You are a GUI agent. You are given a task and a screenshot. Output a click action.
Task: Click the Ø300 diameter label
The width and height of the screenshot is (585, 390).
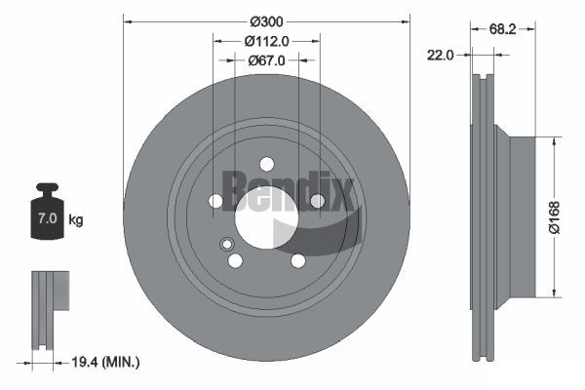[266, 22]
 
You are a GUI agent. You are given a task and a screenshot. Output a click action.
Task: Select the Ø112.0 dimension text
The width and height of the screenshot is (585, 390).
[266, 41]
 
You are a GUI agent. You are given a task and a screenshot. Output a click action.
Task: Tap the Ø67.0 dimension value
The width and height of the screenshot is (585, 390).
[266, 60]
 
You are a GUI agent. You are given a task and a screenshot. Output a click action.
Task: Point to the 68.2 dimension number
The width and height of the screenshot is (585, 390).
[502, 29]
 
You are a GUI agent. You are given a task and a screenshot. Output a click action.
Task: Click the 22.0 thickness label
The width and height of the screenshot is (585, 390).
[441, 56]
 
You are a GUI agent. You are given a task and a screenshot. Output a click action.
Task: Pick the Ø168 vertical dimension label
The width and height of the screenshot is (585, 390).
[555, 217]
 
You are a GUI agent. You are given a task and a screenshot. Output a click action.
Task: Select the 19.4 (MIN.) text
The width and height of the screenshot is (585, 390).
[105, 362]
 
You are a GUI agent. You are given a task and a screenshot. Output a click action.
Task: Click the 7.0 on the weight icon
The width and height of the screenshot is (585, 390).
[48, 218]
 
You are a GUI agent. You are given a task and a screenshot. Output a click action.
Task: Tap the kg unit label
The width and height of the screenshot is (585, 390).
[76, 219]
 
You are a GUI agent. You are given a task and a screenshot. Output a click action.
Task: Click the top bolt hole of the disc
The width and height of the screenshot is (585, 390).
[267, 164]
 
